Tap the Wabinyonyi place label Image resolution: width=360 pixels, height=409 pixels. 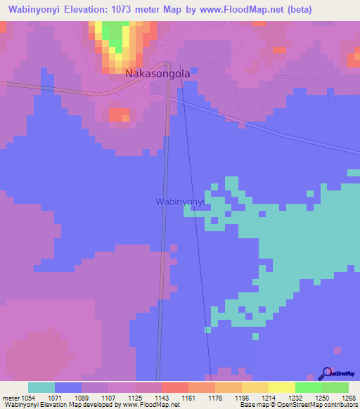pyautogui.click(x=179, y=202)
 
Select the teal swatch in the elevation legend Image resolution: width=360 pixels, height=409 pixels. pyautogui.click(x=41, y=387)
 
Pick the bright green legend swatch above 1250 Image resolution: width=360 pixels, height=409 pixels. pyautogui.click(x=308, y=387)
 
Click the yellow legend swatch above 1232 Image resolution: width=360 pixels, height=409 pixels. pyautogui.click(x=281, y=387)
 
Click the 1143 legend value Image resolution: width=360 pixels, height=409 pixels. pyautogui.click(x=162, y=397)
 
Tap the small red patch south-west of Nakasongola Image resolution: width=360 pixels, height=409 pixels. pyautogui.click(x=120, y=114)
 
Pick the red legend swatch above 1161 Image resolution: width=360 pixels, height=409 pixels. pyautogui.click(x=174, y=387)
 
